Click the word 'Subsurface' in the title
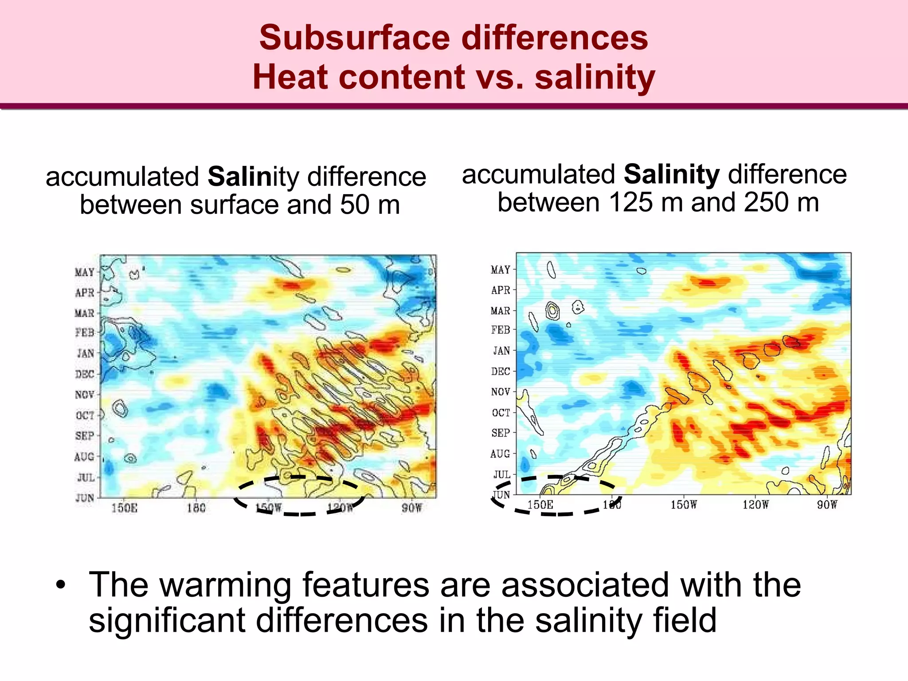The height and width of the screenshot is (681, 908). [x=355, y=38]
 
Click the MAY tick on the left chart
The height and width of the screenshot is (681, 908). [x=85, y=272]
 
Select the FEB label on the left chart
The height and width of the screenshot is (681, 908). [x=85, y=333]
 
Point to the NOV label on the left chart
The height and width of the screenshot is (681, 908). [x=85, y=395]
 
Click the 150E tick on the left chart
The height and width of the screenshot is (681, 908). [x=124, y=508]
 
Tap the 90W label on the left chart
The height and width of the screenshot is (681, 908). [x=411, y=508]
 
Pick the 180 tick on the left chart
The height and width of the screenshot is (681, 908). [x=196, y=508]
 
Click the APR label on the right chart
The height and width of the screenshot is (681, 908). [x=501, y=290]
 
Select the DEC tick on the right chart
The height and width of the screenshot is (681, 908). [x=501, y=372]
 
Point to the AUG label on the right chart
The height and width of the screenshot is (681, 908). [x=500, y=454]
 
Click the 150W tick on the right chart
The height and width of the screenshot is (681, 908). [x=684, y=505]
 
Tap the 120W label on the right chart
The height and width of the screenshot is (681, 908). [x=755, y=505]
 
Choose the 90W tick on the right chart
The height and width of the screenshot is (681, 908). [x=827, y=505]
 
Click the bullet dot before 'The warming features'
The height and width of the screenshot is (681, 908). [x=61, y=585]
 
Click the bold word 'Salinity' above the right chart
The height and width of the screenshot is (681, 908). [x=671, y=174]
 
